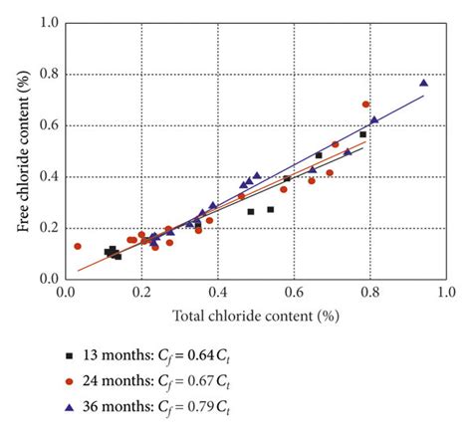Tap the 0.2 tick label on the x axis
click(142, 294)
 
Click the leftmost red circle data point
click(78, 246)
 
